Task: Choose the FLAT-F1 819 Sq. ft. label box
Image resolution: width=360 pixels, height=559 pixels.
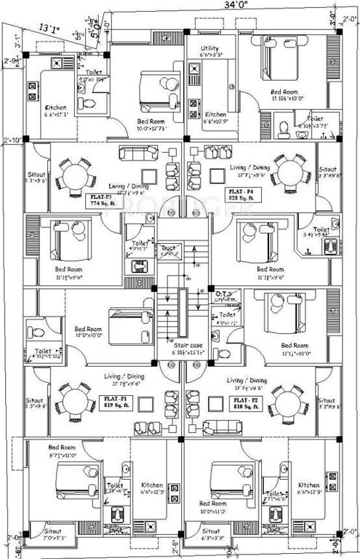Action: pyautogui.click(x=115, y=403)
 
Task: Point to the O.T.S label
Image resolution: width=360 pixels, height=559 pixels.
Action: pyautogui.click(x=223, y=294)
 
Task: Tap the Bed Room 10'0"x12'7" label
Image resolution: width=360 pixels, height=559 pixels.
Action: pyautogui.click(x=151, y=126)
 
